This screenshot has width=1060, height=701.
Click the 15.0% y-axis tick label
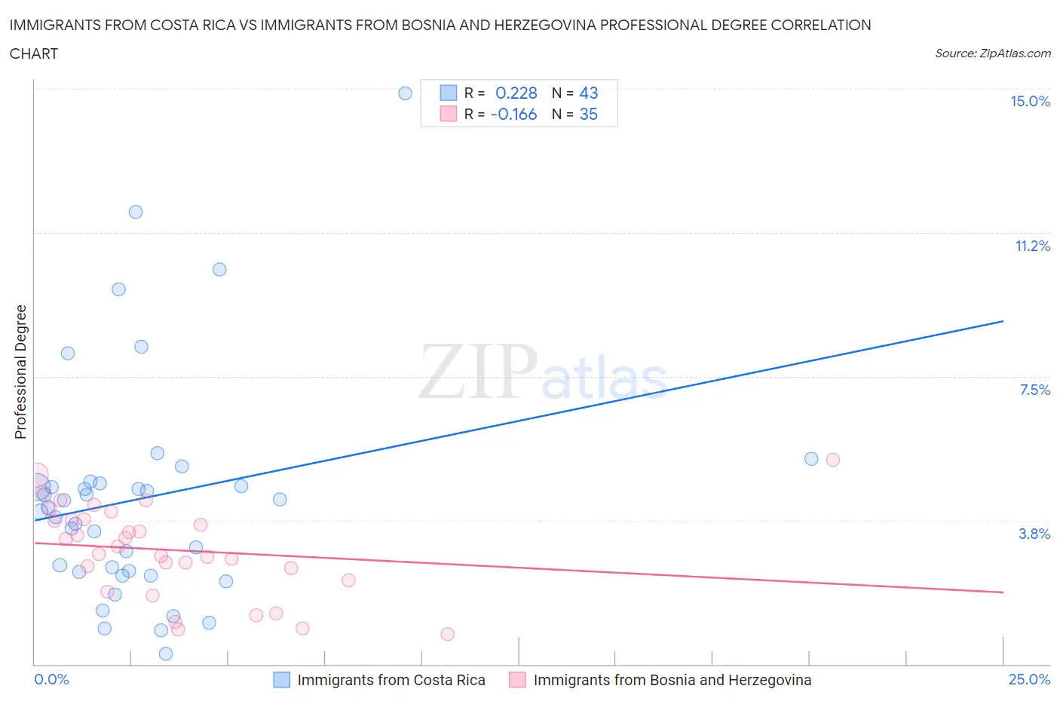coord(1030,102)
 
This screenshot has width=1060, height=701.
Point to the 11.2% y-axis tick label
coord(1032,246)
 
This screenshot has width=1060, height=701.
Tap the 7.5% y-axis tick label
coord(1034,390)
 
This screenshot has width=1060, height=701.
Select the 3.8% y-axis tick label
coord(1034,534)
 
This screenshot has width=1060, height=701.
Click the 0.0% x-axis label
coord(51,680)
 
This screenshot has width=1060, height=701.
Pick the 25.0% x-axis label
coord(1029,680)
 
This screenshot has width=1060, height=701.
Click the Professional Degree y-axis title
coord(21,372)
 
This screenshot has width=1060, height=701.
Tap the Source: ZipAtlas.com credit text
coord(992,54)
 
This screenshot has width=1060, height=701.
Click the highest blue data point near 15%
coord(405,93)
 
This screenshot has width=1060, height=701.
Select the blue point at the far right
coord(811,459)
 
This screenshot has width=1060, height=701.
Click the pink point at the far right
coord(833,460)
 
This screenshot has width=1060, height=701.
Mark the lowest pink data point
coord(448,634)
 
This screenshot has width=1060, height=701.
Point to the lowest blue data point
coord(166,654)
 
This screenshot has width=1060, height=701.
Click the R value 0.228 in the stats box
coord(516,93)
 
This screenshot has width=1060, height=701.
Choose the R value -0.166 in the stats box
coord(513,115)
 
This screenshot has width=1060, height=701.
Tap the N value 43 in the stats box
coord(588,93)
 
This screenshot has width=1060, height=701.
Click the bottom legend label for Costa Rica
coord(391,680)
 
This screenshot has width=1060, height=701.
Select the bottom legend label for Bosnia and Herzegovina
coord(672,680)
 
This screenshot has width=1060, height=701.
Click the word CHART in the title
coord(34,54)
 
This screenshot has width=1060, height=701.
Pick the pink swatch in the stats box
coord(449,115)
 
